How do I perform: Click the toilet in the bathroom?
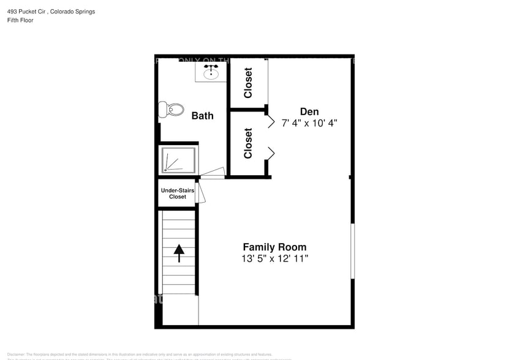pos(171,110)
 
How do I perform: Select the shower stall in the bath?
pos(178,160)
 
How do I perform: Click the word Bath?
pos(202,115)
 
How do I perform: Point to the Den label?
pos(309,111)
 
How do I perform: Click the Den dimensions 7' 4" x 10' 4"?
pos(309,122)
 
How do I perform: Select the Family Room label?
pos(274,247)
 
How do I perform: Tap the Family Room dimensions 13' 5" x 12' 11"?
pos(274,258)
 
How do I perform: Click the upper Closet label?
pos(248,83)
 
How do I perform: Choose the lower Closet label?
pos(248,143)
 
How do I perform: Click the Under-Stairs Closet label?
pos(178,193)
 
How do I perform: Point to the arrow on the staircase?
pos(179,252)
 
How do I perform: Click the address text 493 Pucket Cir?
pos(25,12)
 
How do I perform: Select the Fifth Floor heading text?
pos(21,20)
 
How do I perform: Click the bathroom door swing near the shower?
pos(213,173)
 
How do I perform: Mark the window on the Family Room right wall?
pos(352,250)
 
